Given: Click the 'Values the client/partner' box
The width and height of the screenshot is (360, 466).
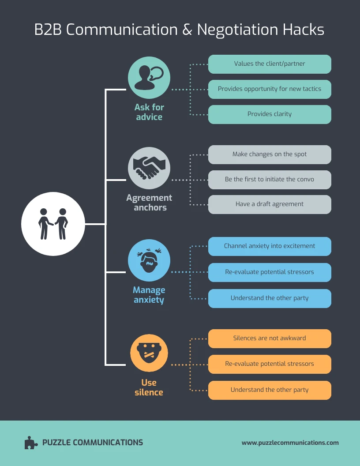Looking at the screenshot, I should tap(270, 64).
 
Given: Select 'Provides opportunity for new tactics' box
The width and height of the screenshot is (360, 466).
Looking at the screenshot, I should tap(270, 89).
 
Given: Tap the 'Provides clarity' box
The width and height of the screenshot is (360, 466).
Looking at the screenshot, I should tap(270, 114).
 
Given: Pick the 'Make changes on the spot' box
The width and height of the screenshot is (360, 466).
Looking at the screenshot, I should tap(270, 154).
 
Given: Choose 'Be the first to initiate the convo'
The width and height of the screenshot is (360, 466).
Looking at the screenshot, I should tap(270, 180).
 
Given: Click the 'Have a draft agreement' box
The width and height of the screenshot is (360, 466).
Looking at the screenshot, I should tap(270, 204).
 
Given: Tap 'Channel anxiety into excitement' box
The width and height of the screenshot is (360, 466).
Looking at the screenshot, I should tap(270, 246).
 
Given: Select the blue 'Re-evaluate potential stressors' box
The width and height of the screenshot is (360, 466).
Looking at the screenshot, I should tap(270, 272).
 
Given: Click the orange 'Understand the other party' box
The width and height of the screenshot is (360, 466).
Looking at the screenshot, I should tap(270, 390).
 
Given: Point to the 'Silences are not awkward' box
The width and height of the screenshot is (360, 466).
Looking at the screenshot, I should tap(270, 338).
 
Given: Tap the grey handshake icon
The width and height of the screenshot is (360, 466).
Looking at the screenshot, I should tap(149, 168).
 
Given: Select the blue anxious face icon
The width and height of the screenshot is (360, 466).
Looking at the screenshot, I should tap(149, 260).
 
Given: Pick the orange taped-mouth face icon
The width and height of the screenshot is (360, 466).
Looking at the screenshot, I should tap(149, 353).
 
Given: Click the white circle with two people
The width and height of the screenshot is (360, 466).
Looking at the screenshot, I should tap(53, 224).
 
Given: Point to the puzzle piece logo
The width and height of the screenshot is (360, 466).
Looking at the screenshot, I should tap(31, 443).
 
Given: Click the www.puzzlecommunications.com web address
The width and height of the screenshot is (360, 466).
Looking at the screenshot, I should tap(290, 443).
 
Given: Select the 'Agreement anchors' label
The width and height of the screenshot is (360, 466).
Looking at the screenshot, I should tap(149, 203).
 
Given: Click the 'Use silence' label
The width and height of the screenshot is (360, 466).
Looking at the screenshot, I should tap(149, 387).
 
